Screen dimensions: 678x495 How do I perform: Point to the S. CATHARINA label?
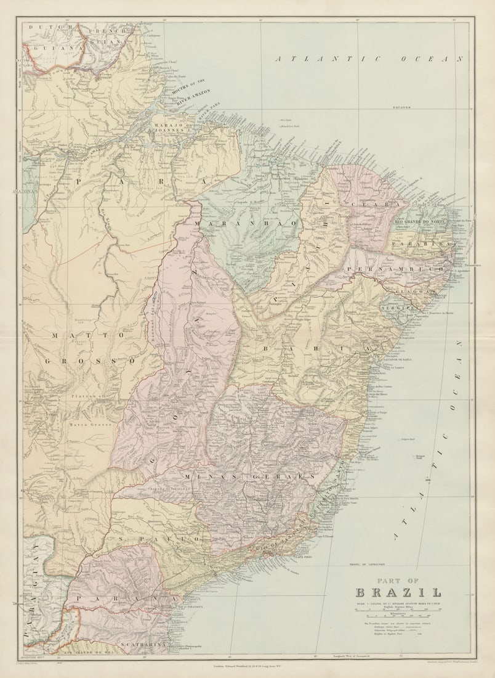point(143,644)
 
